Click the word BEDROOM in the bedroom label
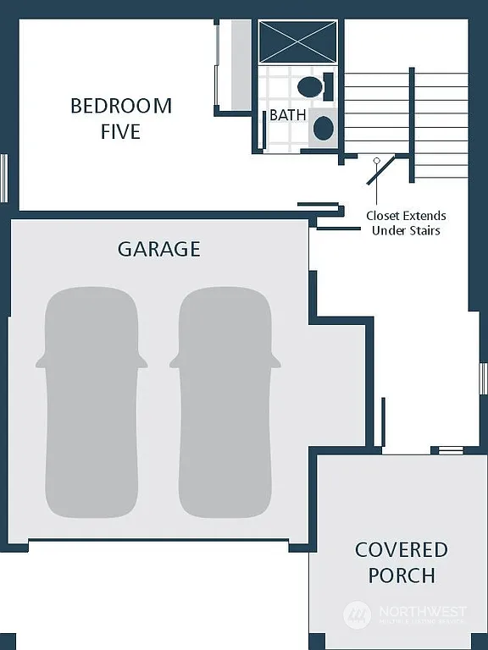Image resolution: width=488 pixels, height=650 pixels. point(120,107)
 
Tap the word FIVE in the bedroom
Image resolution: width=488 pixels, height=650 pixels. point(120,132)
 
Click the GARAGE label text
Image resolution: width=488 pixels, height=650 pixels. point(158,249)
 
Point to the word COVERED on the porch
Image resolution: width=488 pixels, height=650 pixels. point(401,549)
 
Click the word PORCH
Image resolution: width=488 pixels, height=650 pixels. point(401,576)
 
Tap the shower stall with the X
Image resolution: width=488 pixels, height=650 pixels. point(297,41)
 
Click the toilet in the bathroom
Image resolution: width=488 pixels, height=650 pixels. point(312,86)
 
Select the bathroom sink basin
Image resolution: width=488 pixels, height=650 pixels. point(323,129)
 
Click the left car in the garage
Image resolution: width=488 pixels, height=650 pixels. point(91,402)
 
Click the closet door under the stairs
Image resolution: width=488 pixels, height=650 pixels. point(380,170)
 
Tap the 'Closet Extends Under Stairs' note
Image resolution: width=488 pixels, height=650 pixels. point(406,223)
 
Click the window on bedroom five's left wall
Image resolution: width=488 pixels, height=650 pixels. point(4,178)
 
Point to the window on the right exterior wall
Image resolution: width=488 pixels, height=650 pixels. point(483,377)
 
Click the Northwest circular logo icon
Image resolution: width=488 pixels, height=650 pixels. point(358,614)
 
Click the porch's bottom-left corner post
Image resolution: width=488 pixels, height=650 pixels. point(316,641)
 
